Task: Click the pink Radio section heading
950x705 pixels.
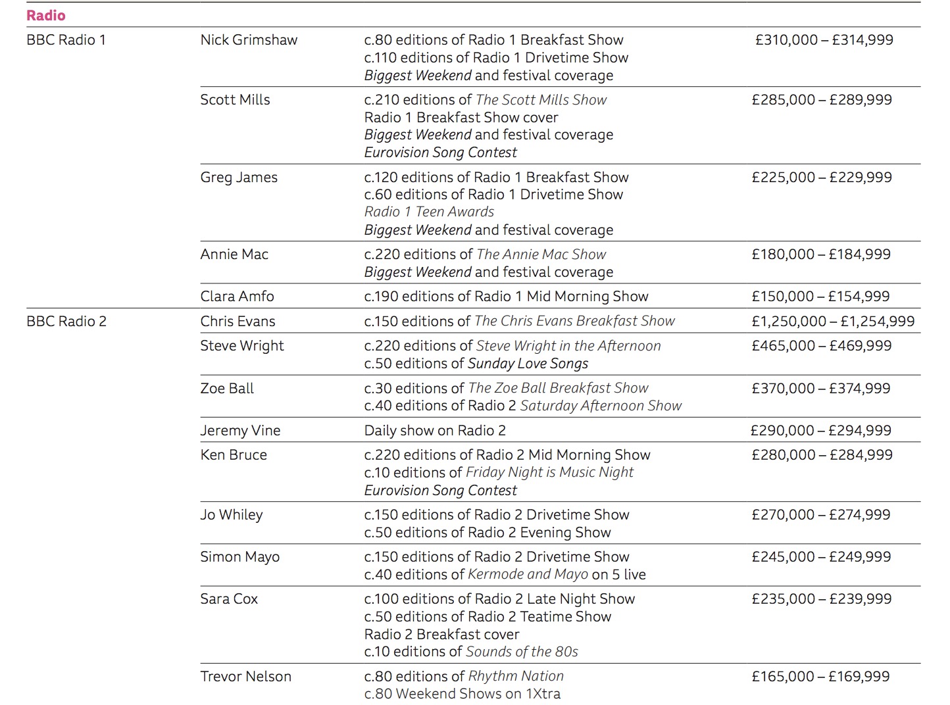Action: point(46,15)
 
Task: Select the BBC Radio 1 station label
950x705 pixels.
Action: point(66,40)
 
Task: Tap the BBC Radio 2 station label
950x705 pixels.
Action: point(66,322)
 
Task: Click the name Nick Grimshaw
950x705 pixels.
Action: point(249,40)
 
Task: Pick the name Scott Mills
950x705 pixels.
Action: point(235,100)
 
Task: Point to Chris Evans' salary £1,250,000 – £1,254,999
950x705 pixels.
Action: point(833,322)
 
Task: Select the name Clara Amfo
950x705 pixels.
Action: point(237,297)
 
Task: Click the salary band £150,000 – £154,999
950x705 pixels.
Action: point(821,297)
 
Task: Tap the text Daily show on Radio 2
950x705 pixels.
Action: point(435,431)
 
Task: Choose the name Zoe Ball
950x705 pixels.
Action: point(227,389)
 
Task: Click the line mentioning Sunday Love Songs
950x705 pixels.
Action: point(476,364)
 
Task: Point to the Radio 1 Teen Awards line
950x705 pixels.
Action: point(429,212)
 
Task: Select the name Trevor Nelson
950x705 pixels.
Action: point(245,677)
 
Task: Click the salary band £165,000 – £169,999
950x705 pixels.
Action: point(821,677)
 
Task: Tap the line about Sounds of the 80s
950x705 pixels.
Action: point(471,652)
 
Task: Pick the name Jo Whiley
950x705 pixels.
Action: point(232,515)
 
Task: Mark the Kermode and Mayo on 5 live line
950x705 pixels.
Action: point(505,575)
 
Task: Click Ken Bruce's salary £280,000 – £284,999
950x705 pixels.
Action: point(822,455)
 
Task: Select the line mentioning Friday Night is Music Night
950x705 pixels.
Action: point(499,472)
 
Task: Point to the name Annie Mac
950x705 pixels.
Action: point(234,255)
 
